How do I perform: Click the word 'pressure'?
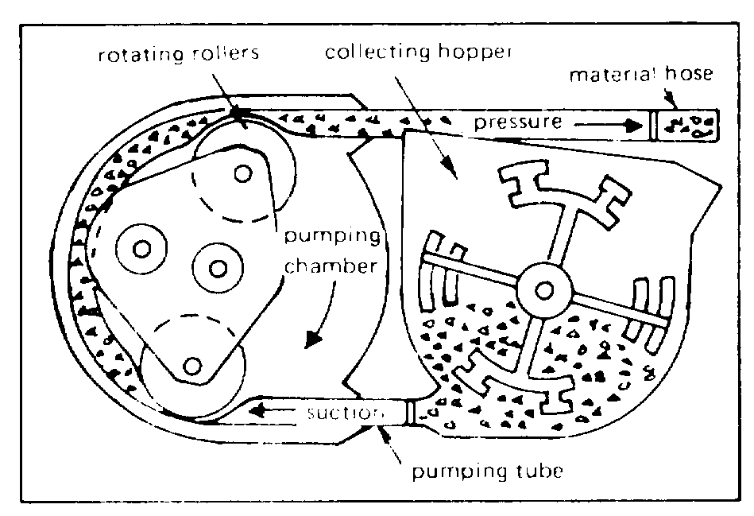520,123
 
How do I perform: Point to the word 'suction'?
345,414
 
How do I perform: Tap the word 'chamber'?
328,267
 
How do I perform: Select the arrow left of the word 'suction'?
269,412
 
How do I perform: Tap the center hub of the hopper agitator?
545,291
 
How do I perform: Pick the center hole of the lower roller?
191,366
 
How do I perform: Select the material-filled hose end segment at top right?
685,125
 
